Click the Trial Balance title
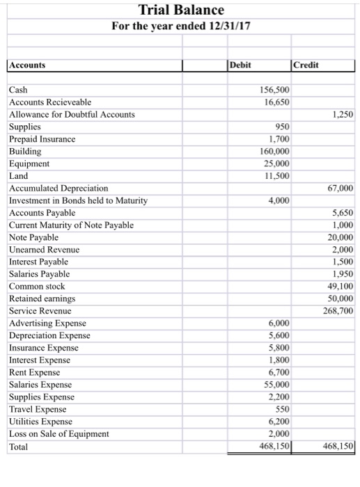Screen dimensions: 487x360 181,10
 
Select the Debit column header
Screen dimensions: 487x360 241,65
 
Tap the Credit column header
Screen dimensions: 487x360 307,65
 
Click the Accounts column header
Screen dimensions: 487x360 28,65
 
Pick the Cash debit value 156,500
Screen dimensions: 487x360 275,90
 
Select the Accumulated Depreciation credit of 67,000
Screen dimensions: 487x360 340,189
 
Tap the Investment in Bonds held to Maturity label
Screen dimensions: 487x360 78,201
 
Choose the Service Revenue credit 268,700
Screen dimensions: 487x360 338,311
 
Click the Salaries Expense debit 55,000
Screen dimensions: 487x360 277,385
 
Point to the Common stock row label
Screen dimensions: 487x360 36,286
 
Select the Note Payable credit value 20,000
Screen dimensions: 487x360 340,237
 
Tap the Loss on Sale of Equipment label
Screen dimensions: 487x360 59,433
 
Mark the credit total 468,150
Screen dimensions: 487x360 338,447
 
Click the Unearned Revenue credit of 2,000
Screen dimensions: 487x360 342,250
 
